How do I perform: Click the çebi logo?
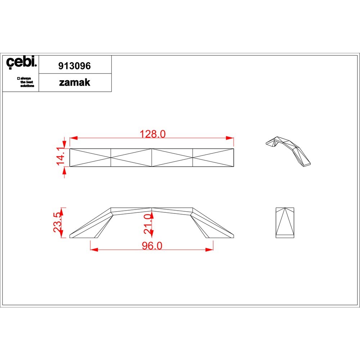coord(21,62)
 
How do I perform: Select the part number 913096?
coord(75,66)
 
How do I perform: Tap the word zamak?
coord(75,82)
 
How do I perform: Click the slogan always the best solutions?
coord(26,82)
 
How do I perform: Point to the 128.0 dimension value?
coord(153,134)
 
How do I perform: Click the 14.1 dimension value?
coord(60,156)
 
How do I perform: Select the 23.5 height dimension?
coord(57,222)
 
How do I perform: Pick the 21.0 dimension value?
coord(148,224)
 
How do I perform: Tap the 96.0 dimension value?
coord(152,246)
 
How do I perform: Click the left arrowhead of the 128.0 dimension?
coord(73,138)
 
